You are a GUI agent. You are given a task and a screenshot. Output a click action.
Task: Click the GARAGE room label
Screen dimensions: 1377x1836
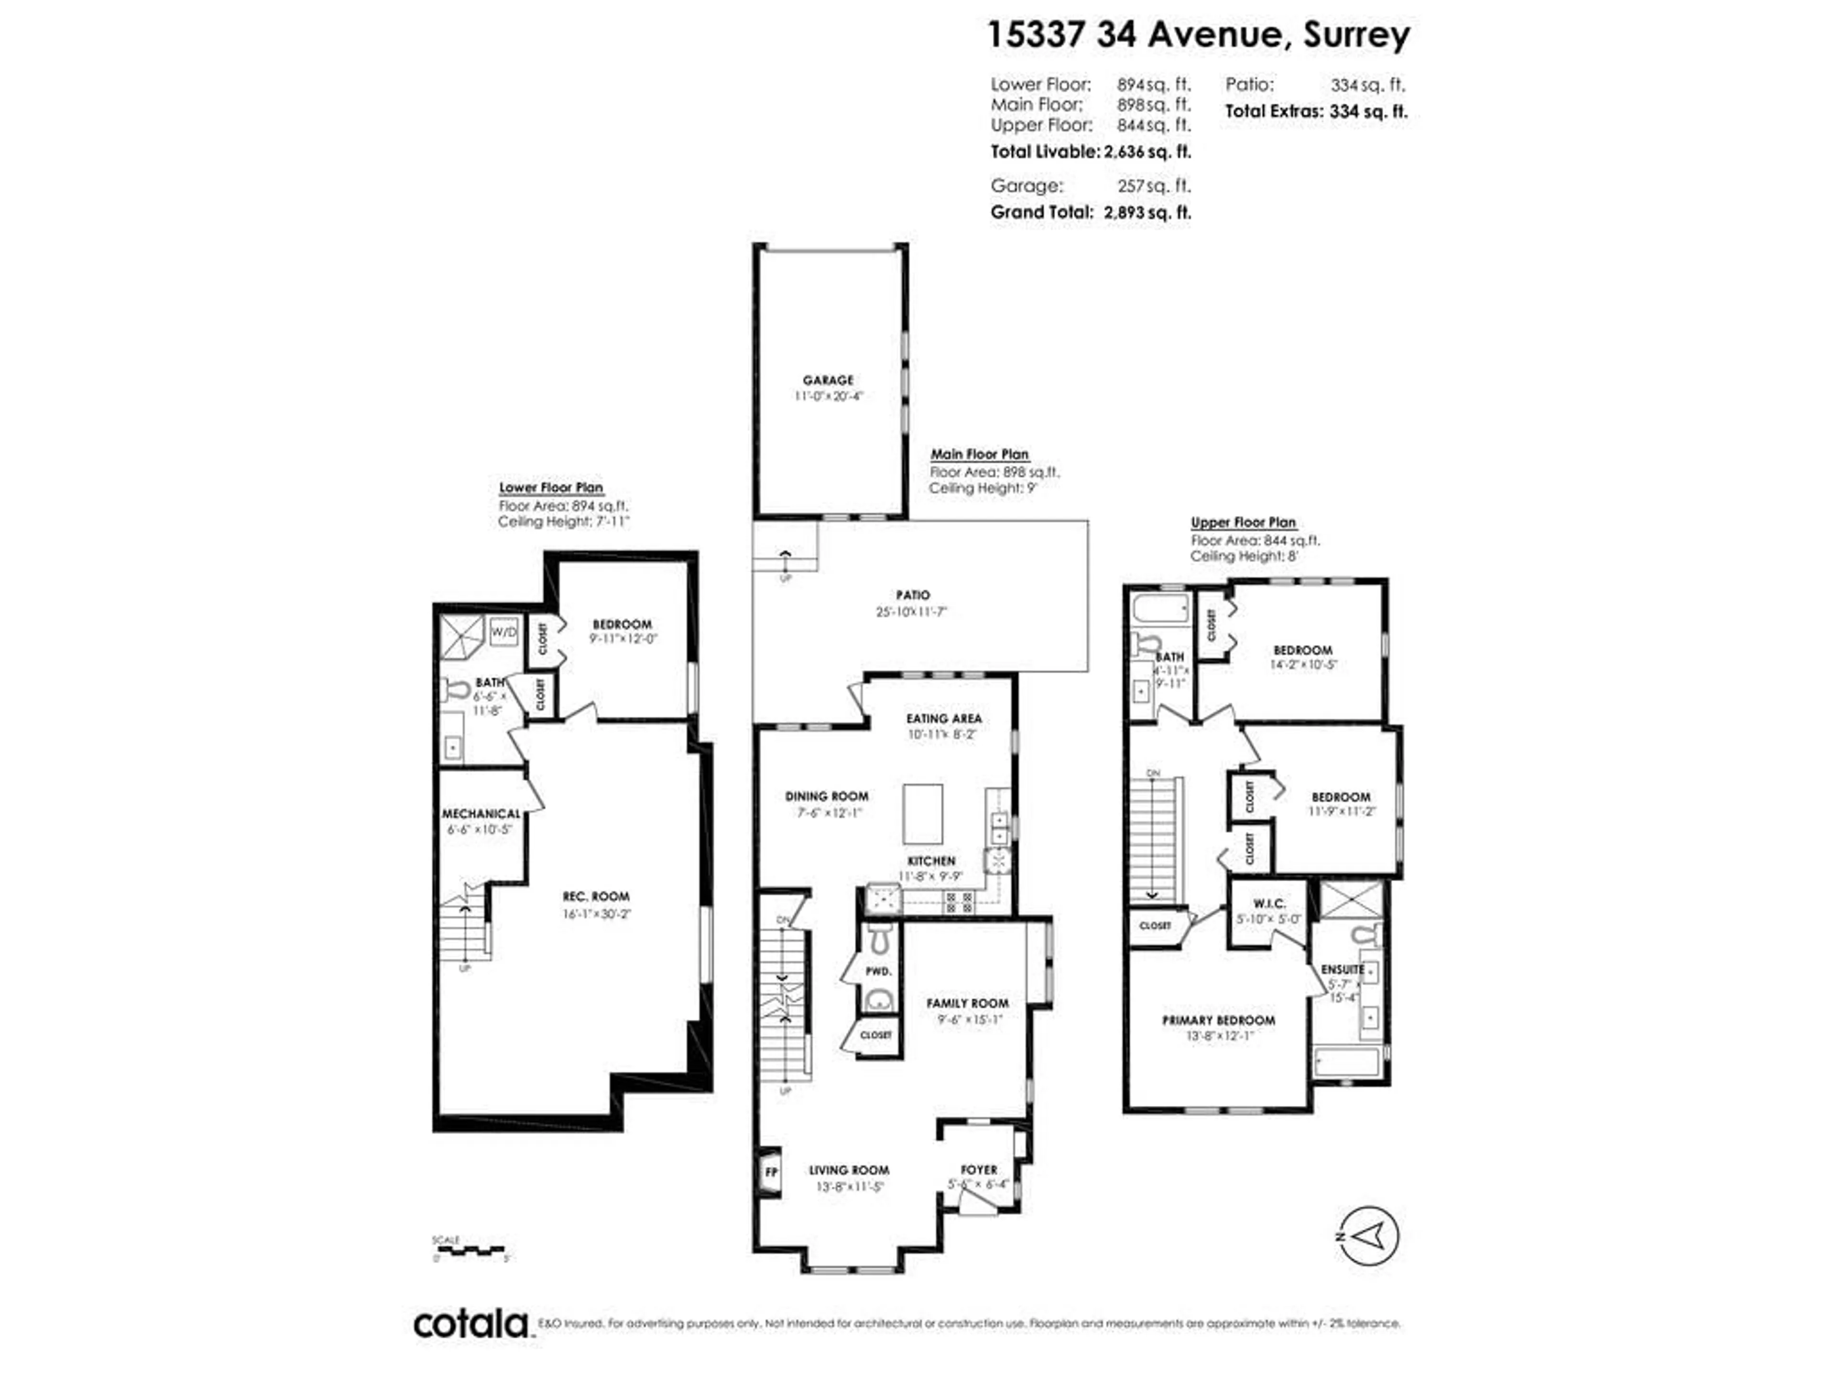point(828,380)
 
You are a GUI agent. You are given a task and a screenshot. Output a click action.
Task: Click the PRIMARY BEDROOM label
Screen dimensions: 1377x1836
point(1218,1020)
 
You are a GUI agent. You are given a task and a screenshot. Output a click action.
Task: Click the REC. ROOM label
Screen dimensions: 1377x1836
point(596,896)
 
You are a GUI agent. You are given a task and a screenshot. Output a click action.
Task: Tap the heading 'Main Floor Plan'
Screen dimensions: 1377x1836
point(979,454)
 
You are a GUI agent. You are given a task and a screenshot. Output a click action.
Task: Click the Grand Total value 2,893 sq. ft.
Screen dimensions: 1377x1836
point(1148,212)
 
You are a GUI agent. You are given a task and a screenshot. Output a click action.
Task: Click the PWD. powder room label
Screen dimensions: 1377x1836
point(878,971)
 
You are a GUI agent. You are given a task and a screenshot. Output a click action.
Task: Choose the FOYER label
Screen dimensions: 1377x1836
point(979,1169)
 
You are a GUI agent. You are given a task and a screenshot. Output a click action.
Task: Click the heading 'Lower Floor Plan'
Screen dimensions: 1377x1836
point(551,487)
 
